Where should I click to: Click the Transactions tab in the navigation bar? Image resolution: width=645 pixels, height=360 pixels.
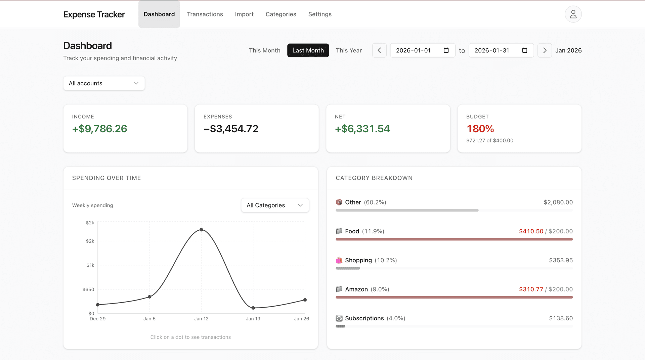[x=205, y=14]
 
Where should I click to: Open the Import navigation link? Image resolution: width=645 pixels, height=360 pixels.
[x=244, y=14]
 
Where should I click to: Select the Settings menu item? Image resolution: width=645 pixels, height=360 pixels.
[x=320, y=14]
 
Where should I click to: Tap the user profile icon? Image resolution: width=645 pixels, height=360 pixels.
[x=573, y=14]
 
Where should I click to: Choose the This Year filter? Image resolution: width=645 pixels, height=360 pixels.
[x=349, y=50]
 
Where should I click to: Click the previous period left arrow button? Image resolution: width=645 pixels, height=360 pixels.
[x=379, y=50]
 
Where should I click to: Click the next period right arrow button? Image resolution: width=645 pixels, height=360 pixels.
[x=545, y=50]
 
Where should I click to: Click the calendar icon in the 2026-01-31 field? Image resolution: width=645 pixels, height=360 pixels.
[x=525, y=50]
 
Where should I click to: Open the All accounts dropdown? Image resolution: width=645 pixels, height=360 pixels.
[x=104, y=83]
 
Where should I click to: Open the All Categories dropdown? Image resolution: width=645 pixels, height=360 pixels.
[x=275, y=205]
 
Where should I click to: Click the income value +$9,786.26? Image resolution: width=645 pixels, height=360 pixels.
[x=99, y=129]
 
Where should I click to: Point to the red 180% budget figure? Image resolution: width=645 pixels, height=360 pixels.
[x=480, y=129]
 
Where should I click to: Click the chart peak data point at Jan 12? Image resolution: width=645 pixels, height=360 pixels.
[x=201, y=230]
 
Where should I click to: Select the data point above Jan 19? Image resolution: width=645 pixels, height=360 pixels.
[x=253, y=308]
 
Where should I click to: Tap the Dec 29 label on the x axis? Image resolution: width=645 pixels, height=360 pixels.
[x=97, y=319]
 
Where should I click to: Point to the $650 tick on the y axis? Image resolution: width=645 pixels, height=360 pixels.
[x=88, y=289]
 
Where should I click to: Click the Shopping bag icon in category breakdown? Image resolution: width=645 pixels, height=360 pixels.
[x=339, y=260]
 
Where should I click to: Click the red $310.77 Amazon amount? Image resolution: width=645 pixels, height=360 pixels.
[x=531, y=289]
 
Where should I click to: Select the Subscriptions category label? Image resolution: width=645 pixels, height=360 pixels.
[x=364, y=318]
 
